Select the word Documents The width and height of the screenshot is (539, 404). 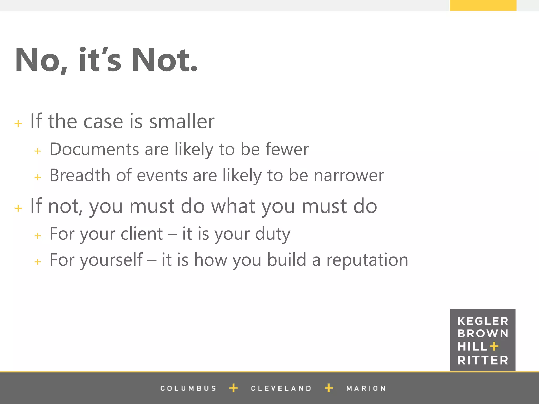pyautogui.click(x=94, y=149)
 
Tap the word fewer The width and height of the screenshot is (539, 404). pyautogui.click(x=287, y=149)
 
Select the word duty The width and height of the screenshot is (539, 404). pyautogui.click(x=273, y=234)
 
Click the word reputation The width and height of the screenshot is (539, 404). pyautogui.click(x=367, y=260)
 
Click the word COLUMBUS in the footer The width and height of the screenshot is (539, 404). pyautogui.click(x=188, y=388)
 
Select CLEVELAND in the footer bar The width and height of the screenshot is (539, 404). pyautogui.click(x=281, y=388)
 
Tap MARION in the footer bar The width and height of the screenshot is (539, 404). pyautogui.click(x=366, y=388)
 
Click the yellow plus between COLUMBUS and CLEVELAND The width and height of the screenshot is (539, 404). pyautogui.click(x=234, y=388)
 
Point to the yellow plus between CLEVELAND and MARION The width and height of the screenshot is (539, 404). pyautogui.click(x=329, y=388)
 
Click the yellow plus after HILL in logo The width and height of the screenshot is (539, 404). pyautogui.click(x=494, y=346)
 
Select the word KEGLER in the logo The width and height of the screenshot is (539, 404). pyautogui.click(x=483, y=321)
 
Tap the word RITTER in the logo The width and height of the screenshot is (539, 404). pyautogui.click(x=483, y=360)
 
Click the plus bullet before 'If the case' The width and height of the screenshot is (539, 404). pyautogui.click(x=18, y=123)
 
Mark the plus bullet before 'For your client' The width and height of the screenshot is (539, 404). pyautogui.click(x=38, y=236)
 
